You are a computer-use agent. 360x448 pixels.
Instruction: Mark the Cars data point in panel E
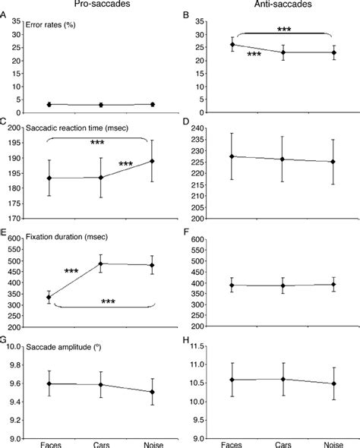[100, 264]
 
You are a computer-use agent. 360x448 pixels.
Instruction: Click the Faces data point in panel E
[49, 298]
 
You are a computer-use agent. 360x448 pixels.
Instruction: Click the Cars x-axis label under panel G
[100, 442]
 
